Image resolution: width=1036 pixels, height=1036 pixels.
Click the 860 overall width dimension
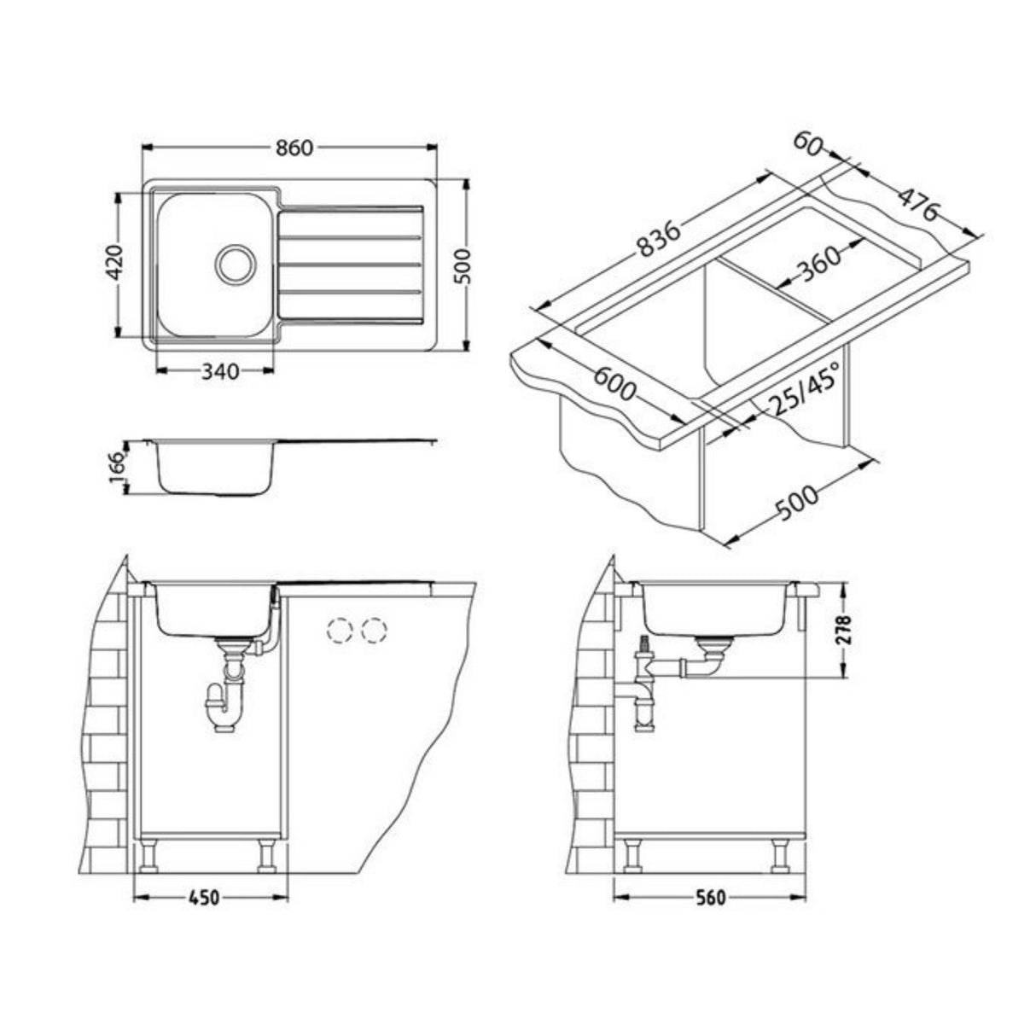[x=294, y=148]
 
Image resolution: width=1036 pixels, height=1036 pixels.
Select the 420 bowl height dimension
[x=116, y=264]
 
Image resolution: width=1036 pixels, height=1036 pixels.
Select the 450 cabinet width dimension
[x=204, y=898]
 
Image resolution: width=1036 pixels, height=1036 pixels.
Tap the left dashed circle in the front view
[x=340, y=631]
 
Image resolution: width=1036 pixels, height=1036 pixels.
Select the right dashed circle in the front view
[x=374, y=631]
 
